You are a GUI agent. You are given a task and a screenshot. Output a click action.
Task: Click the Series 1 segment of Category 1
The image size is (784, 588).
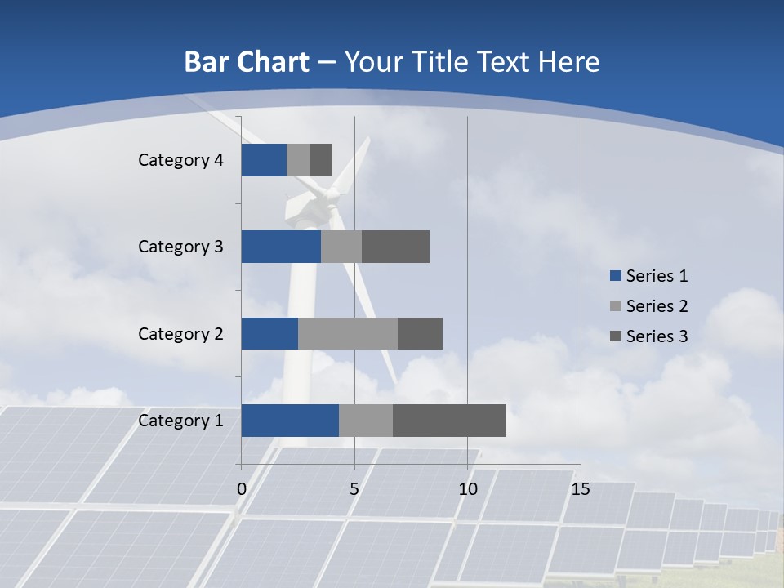[x=290, y=420]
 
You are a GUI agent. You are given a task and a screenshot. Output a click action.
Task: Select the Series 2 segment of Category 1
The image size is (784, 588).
[x=366, y=420]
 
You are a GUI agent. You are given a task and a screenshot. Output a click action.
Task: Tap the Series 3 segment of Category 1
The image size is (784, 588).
[x=449, y=420]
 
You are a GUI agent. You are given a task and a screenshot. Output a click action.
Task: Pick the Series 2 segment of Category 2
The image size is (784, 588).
[x=348, y=333]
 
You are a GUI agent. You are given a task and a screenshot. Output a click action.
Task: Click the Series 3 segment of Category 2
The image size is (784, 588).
[x=420, y=333]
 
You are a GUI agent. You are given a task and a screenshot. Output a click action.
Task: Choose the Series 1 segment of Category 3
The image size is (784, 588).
[x=281, y=247]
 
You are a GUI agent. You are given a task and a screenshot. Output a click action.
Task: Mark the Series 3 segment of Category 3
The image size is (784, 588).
[x=395, y=247]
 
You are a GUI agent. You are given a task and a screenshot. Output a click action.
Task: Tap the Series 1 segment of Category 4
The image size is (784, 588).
[x=264, y=160]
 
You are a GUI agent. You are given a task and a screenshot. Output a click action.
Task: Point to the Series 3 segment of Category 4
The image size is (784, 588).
[x=321, y=160]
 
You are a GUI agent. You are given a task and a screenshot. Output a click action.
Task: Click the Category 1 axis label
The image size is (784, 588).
[x=180, y=421]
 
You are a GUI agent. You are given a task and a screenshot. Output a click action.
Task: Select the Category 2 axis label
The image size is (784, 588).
[x=180, y=334]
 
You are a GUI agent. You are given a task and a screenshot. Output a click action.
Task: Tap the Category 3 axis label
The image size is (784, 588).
[x=180, y=247]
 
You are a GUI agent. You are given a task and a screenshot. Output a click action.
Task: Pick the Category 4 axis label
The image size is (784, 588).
[x=180, y=160]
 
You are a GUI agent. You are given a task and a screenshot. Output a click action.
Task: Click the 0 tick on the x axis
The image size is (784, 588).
[x=242, y=489]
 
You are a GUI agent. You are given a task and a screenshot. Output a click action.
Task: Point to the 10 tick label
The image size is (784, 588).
[x=467, y=489]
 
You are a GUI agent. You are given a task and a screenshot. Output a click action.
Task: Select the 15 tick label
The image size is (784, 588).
[x=581, y=489]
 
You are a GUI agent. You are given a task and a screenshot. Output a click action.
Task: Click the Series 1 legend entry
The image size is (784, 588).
[x=649, y=276]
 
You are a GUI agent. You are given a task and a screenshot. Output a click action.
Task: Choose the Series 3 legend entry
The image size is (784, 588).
[x=649, y=336]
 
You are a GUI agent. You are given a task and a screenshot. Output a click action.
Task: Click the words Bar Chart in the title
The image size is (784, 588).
[x=247, y=62]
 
